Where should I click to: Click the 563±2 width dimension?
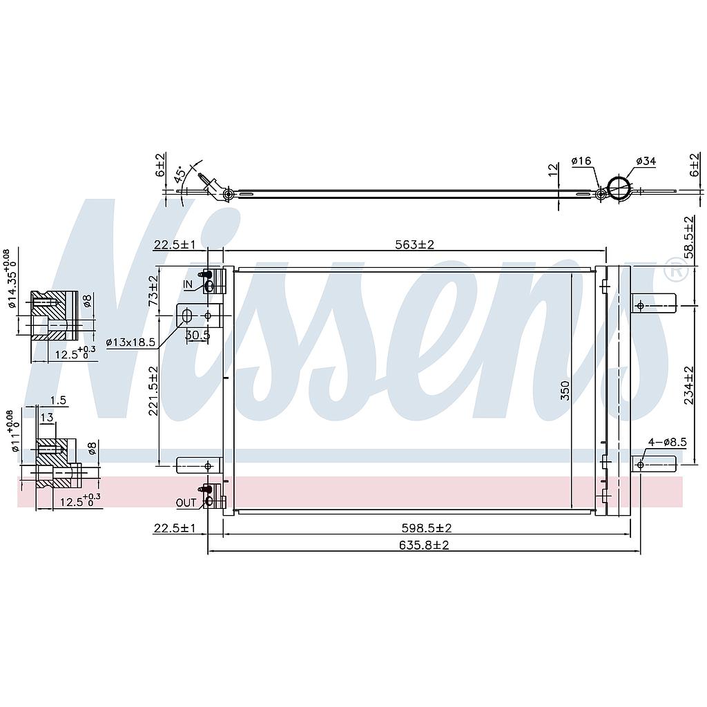pos(414,244)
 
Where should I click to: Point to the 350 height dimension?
pos(565,390)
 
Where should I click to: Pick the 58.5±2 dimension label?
pos(688,237)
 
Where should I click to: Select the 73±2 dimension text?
pos(153,290)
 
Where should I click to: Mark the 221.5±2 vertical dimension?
pos(153,390)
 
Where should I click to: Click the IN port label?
pos(188,284)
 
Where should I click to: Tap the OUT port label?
pos(186,503)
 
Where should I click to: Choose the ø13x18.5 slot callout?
pos(132,342)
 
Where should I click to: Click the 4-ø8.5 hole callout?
pos(667,442)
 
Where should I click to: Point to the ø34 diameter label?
pos(646,162)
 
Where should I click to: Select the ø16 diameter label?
pos(581,162)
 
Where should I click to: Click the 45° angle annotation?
pos(180,174)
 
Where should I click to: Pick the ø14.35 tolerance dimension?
pos(10,276)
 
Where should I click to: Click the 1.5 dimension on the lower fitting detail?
pos(58,400)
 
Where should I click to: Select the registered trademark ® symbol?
pos(675,271)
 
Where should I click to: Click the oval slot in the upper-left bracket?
pos(186,316)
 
